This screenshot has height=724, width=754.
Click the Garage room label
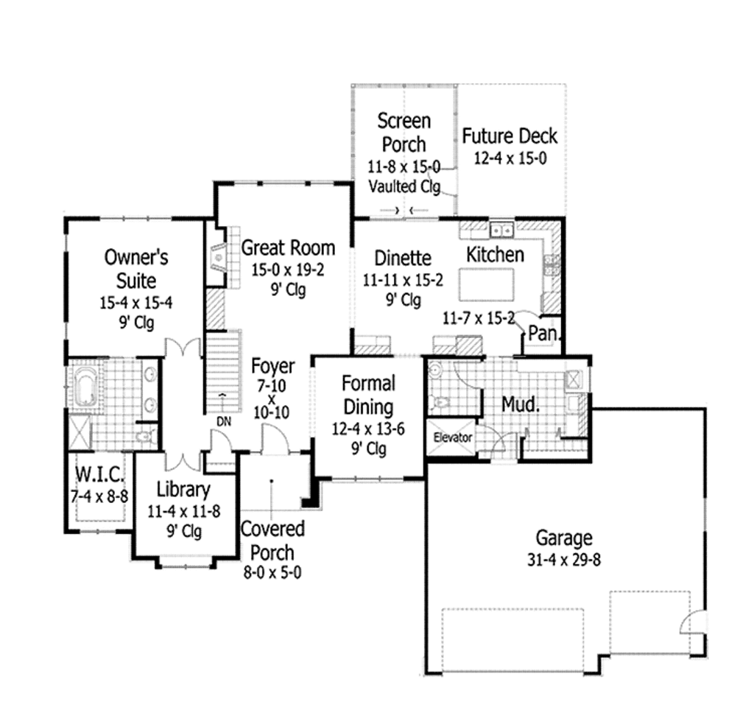click(563, 538)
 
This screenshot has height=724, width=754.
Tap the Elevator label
click(452, 437)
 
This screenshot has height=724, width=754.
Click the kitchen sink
click(503, 230)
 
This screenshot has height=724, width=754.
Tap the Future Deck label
click(510, 136)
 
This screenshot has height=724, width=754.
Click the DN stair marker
click(224, 421)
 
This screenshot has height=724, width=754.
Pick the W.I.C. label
click(99, 471)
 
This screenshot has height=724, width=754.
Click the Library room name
click(183, 489)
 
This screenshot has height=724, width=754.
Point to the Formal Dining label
click(368, 395)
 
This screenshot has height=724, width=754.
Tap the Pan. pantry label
click(544, 334)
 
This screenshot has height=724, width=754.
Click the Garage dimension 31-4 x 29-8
click(563, 560)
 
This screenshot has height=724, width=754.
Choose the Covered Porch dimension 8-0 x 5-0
click(272, 572)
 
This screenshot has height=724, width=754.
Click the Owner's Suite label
click(136, 268)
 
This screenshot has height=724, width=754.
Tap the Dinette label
click(403, 258)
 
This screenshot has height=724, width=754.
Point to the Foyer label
click(272, 366)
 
